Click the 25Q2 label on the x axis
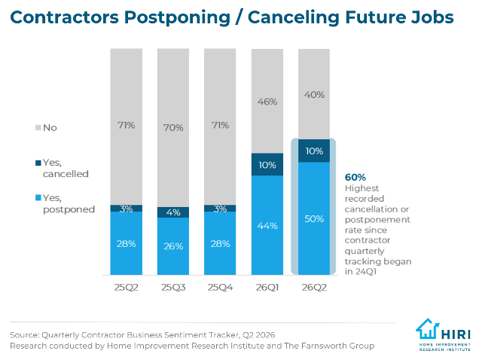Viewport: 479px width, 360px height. (x=127, y=288)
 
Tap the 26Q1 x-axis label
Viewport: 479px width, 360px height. (x=267, y=288)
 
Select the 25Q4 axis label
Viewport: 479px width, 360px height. (x=220, y=288)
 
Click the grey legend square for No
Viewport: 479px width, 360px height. (x=38, y=127)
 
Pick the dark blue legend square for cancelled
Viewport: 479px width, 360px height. (x=38, y=163)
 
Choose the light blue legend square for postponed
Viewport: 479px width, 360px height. (x=38, y=198)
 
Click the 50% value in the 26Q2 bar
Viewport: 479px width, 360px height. (x=314, y=219)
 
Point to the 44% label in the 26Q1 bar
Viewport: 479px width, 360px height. (x=267, y=226)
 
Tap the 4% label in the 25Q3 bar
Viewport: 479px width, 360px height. (x=173, y=212)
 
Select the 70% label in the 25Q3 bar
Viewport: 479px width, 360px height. (x=173, y=127)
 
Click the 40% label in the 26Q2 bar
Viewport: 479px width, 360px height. (x=314, y=95)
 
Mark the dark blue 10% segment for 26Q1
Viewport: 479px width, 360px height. (x=267, y=164)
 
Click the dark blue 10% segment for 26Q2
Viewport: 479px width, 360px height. (x=314, y=151)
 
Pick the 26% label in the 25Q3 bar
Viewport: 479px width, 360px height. (x=173, y=246)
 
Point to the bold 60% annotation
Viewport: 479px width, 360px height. (x=355, y=177)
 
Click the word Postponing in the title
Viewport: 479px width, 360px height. (x=177, y=18)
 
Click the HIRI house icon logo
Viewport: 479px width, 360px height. (x=428, y=329)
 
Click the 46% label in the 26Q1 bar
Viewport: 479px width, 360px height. (x=267, y=102)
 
